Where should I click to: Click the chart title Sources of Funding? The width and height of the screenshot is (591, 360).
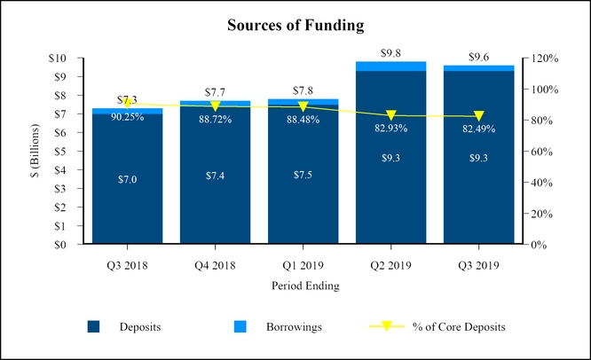295,25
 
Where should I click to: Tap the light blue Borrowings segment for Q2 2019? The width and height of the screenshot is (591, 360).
390,66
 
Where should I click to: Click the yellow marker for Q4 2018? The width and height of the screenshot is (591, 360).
216,106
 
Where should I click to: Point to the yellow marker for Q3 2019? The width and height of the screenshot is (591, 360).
479,116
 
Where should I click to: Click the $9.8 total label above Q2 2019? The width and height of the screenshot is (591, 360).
390,53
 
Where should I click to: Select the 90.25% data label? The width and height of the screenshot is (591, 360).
128,117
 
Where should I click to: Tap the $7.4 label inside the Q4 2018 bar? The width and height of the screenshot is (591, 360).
216,176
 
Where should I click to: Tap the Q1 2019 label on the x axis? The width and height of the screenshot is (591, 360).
303,265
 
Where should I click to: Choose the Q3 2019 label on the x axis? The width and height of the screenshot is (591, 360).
479,265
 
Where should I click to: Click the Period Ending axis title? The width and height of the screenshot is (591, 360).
303,286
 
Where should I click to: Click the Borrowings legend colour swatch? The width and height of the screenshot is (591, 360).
240,327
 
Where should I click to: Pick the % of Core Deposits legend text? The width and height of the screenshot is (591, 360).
459,327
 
